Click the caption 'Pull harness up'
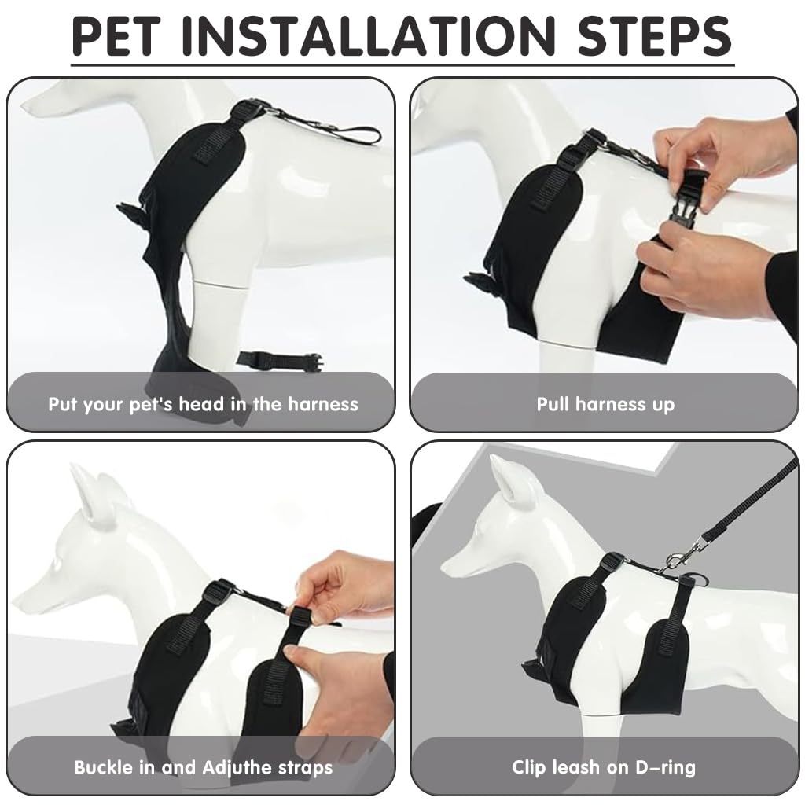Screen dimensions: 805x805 tap(605, 405)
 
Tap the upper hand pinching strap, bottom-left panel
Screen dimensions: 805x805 tap(346, 586)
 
